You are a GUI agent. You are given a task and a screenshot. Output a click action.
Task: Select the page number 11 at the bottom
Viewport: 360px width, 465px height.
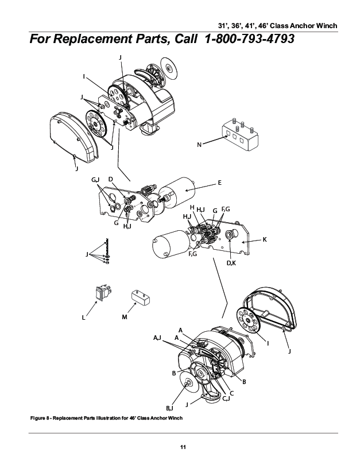tap(183, 447)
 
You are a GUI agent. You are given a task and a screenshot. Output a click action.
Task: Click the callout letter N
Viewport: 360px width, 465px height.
tap(199, 145)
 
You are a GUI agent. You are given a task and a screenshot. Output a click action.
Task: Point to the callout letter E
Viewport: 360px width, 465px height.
tap(219, 183)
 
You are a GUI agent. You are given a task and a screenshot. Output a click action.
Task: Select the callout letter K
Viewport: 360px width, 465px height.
tap(265, 239)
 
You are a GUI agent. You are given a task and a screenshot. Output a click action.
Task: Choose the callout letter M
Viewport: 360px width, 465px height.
tap(125, 316)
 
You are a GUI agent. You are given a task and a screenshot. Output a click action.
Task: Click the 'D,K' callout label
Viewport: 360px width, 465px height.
tap(231, 263)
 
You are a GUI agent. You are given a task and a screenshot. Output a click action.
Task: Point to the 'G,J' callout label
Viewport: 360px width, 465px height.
tap(96, 180)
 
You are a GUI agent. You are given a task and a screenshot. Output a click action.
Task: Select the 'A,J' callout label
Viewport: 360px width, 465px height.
tap(157, 339)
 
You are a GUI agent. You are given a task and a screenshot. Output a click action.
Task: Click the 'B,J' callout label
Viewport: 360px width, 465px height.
tap(170, 407)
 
